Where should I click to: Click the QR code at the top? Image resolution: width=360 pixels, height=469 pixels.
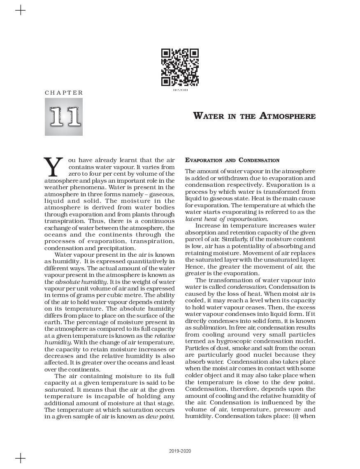[180, 67]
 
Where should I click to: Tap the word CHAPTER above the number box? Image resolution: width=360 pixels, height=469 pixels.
[64, 93]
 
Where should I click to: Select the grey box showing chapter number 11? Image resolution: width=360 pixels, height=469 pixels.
[64, 117]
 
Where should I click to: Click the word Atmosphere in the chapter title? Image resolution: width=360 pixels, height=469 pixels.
[288, 116]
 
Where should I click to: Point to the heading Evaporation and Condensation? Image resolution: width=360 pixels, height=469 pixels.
[232, 160]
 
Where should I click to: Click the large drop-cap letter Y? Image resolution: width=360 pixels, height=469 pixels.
[53, 167]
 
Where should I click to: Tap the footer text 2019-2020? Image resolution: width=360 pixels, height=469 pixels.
[180, 451]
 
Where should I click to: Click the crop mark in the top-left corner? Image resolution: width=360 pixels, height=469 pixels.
[20, 10]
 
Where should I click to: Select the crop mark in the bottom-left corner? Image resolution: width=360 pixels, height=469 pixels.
[20, 458]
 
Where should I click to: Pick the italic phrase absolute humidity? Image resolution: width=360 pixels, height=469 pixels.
[81, 282]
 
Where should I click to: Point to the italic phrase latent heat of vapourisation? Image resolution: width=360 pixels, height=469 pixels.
[226, 219]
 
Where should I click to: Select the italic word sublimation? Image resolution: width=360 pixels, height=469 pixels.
[209, 327]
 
